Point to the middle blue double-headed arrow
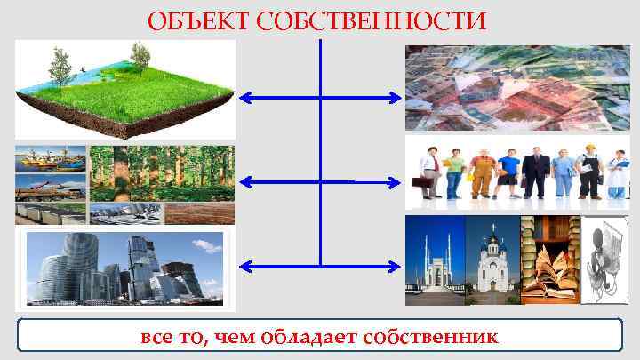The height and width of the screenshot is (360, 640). tap(320, 181)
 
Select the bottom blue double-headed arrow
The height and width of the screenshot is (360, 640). tap(320, 264)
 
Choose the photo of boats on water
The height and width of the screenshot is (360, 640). tap(51, 160)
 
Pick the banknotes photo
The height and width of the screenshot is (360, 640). tap(517, 88)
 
